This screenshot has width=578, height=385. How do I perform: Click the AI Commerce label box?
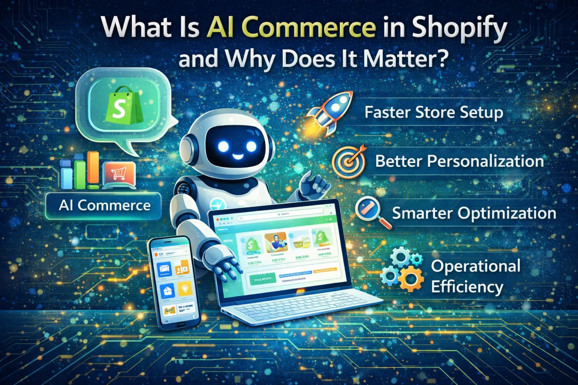point(104,206)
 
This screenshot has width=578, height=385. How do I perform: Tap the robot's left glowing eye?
point(223,146)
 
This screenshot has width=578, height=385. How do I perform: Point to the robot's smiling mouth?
point(238,156)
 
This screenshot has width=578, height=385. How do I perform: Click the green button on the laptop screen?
point(262,279)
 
